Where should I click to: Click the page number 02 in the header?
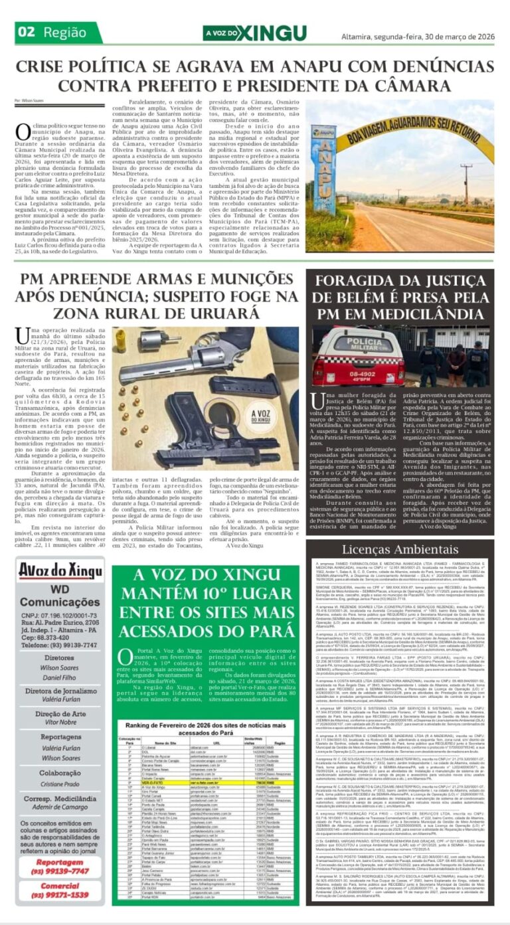tap(27, 32)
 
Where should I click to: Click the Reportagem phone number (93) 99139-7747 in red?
tap(60, 871)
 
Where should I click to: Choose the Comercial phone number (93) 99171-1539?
tap(60, 894)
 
